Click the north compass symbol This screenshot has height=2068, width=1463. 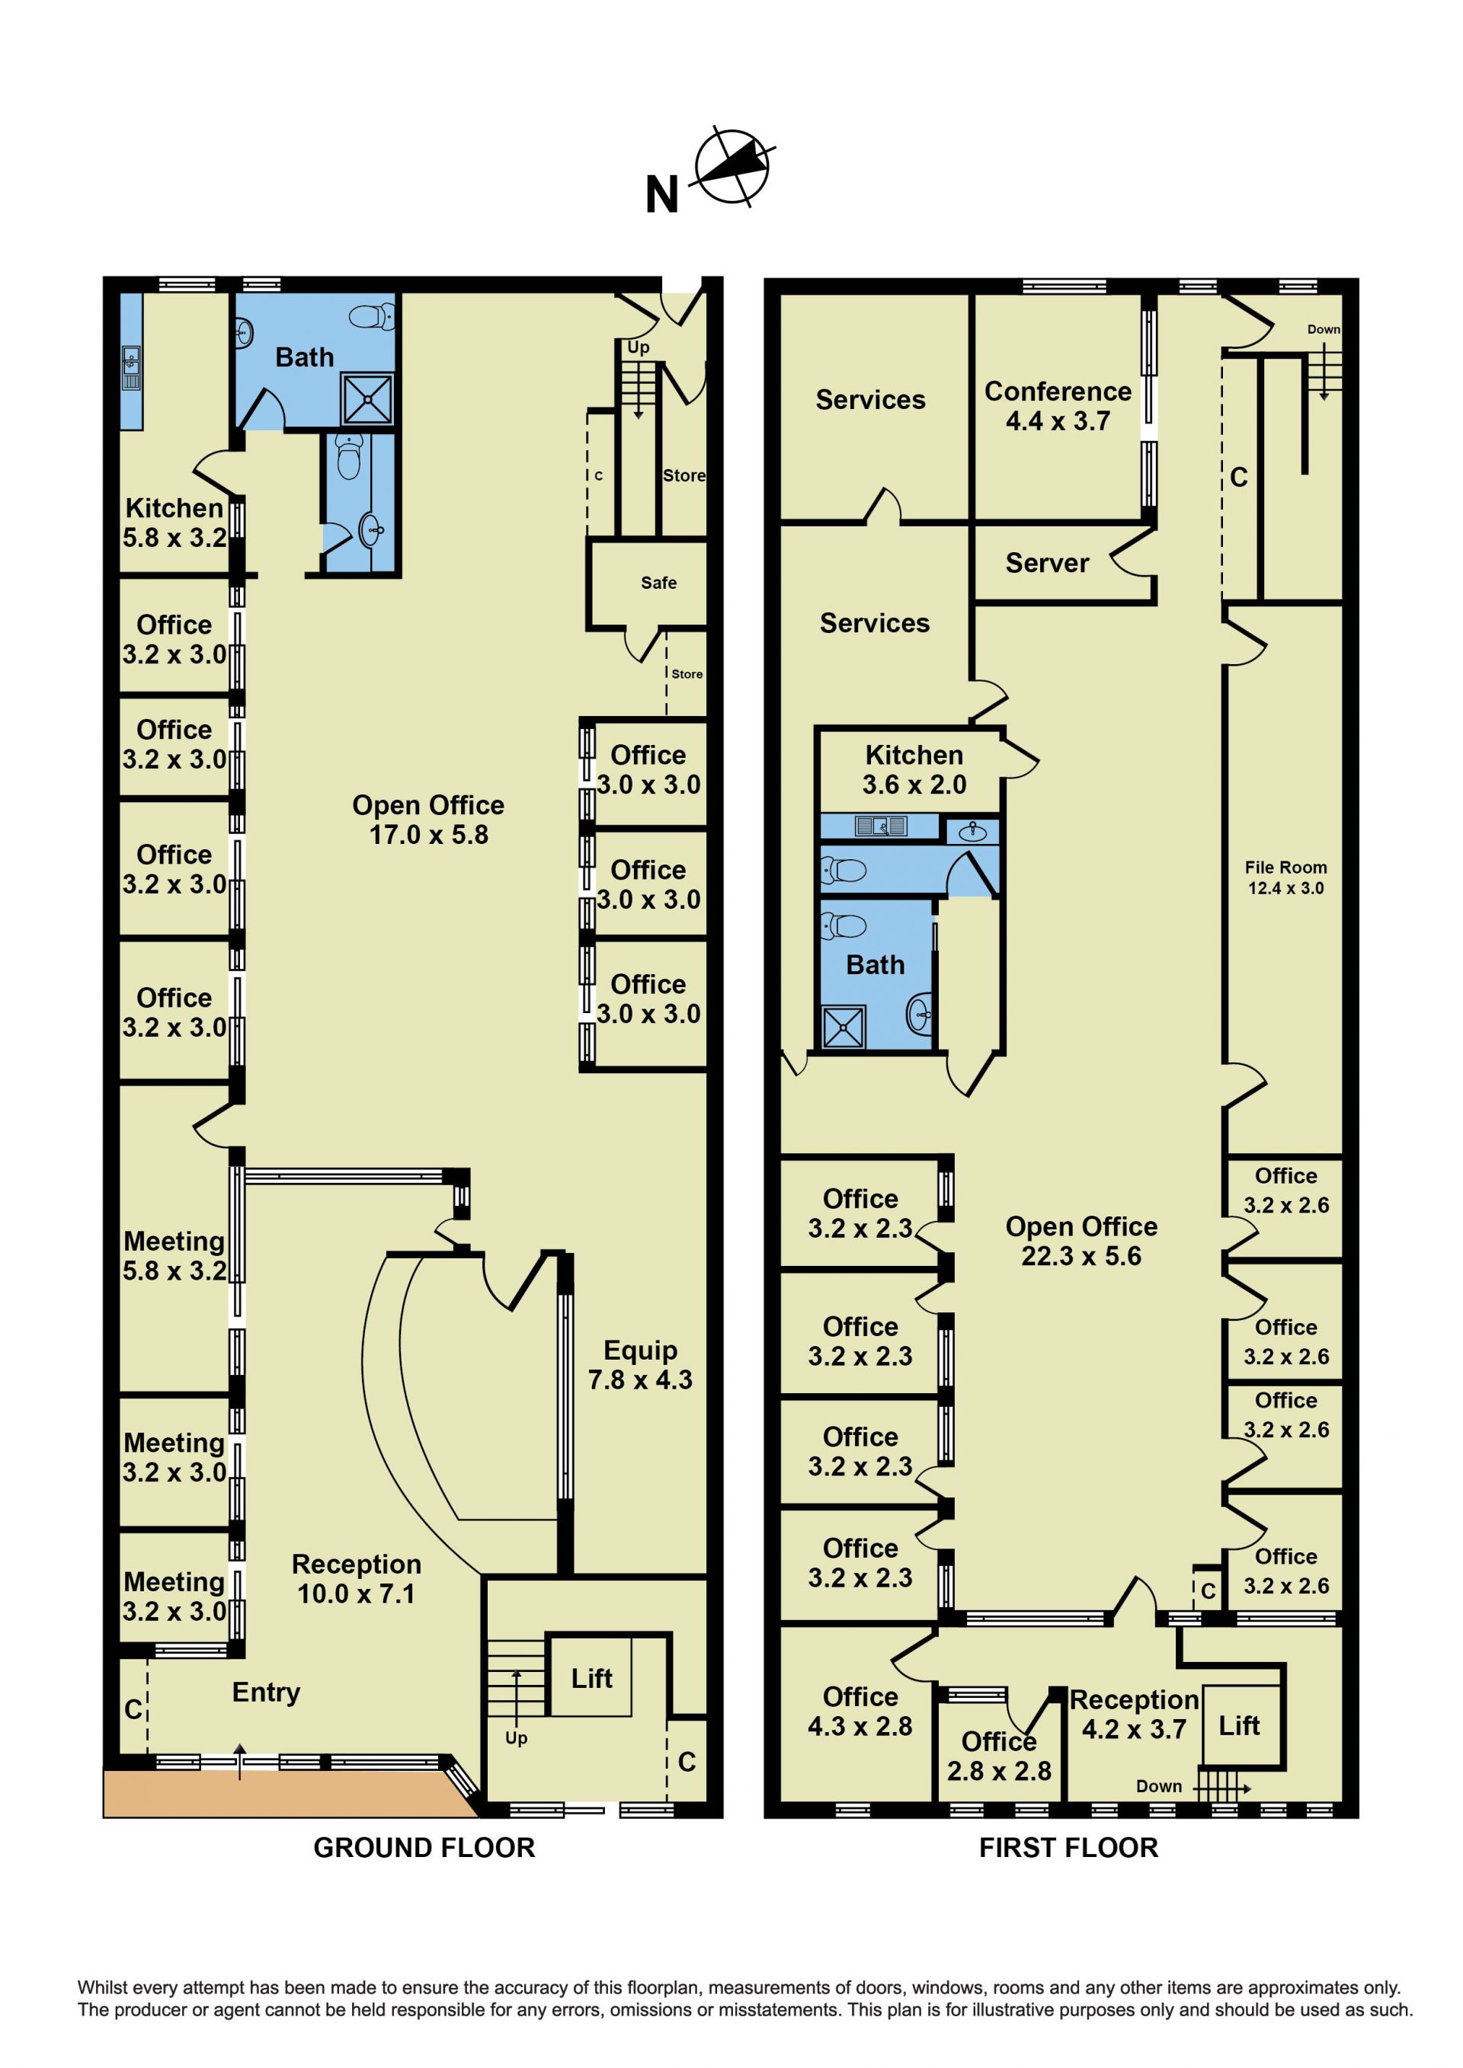732,167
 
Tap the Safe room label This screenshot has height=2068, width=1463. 658,583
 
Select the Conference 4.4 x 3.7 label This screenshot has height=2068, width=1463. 1058,406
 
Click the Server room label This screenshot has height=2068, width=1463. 1047,563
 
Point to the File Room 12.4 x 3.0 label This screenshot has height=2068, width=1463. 1285,877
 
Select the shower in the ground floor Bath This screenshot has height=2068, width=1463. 367,399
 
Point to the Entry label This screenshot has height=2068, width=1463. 266,1692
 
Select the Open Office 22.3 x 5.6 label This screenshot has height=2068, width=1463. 1081,1241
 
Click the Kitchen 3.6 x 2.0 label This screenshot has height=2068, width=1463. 914,769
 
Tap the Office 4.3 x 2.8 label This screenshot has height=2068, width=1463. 860,1712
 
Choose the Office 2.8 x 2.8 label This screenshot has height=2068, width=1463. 999,1756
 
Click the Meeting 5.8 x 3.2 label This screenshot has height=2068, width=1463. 174,1255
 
